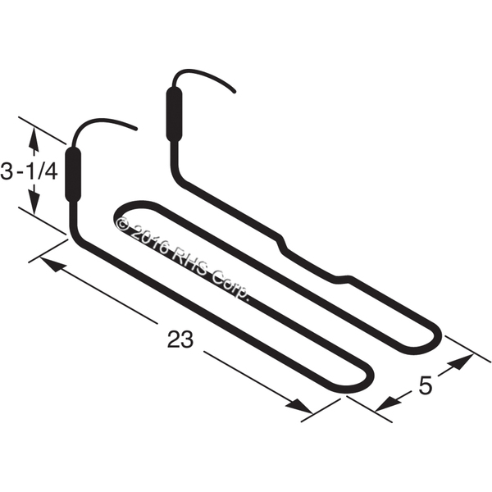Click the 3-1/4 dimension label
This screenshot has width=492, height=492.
pyautogui.click(x=29, y=172)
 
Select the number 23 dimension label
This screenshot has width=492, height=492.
pyautogui.click(x=180, y=339)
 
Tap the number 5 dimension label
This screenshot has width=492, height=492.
pyautogui.click(x=425, y=385)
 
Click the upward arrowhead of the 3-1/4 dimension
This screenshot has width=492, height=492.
pyautogui.click(x=34, y=138)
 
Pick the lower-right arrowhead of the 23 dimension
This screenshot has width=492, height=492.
pyautogui.click(x=299, y=406)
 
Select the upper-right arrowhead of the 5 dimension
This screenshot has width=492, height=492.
pyautogui.click(x=461, y=361)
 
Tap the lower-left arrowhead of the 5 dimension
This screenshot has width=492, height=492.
pyautogui.click(x=389, y=403)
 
